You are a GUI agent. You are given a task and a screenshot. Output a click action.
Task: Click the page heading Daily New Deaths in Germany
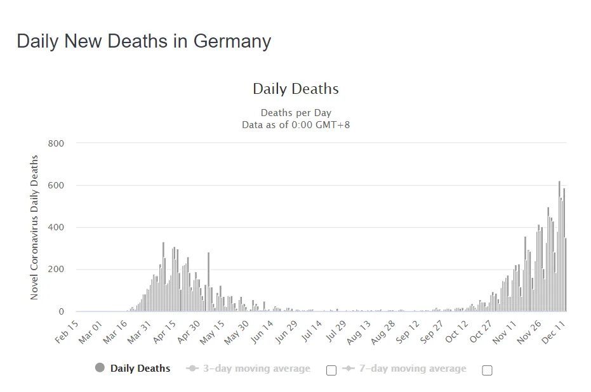143,41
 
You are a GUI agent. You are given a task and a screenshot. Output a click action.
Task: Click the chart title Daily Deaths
295,89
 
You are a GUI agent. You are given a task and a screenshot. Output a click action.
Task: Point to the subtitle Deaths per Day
296,113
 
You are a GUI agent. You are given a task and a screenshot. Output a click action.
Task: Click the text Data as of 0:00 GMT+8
296,125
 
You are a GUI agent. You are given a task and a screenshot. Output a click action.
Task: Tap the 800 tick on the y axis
56,143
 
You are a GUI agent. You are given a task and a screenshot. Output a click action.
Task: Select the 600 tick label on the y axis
56,185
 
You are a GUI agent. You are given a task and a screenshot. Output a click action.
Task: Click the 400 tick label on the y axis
56,228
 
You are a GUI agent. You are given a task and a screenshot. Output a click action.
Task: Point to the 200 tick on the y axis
56,270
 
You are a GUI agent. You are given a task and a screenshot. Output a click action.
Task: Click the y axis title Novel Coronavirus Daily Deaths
34,227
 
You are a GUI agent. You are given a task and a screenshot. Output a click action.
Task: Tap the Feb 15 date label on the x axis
67,332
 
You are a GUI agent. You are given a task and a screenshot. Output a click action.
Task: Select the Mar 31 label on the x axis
138,332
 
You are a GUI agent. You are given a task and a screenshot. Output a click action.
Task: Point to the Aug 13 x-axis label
358,332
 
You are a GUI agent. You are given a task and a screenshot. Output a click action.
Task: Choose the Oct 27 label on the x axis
480,332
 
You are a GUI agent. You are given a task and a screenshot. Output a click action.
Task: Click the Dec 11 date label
553,332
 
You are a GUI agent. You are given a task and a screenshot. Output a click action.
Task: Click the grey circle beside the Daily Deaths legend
100,368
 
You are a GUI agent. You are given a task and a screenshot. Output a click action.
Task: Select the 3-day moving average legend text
256,369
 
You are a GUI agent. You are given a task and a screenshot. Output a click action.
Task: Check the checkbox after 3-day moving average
331,370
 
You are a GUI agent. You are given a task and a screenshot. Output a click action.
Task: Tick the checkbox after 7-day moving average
487,370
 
